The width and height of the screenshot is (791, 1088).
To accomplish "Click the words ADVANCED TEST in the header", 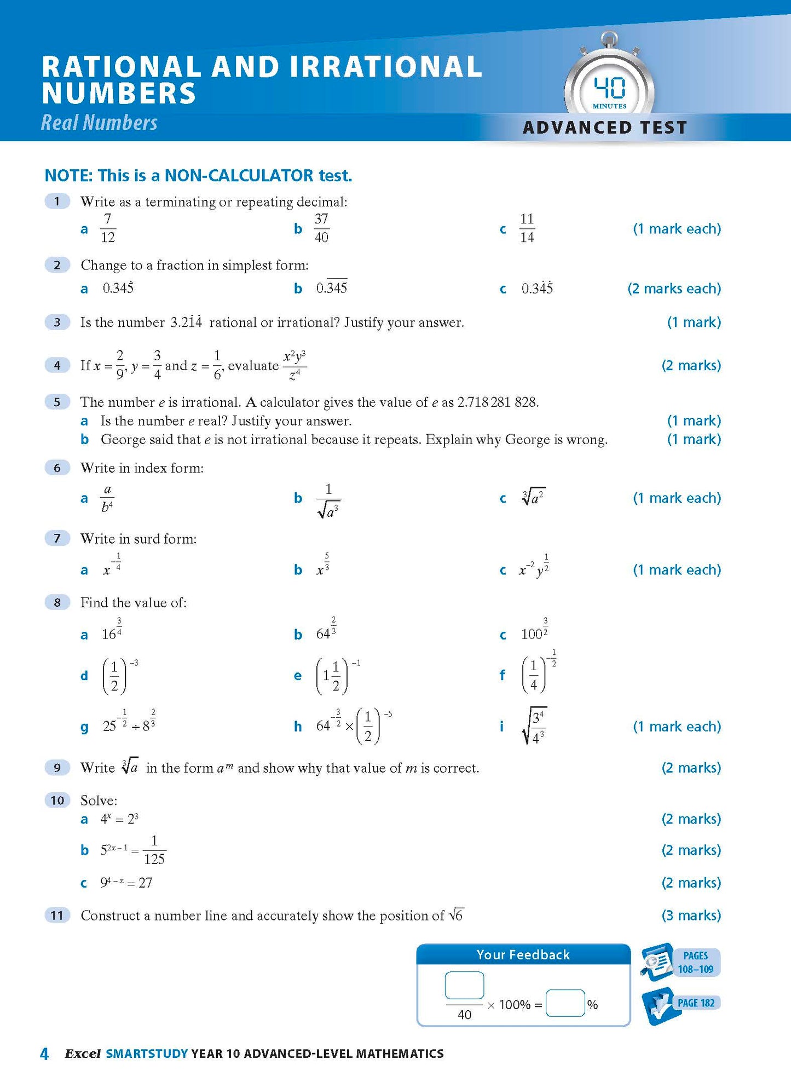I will click(605, 128).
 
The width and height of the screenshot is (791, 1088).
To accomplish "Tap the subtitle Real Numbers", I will click(99, 123).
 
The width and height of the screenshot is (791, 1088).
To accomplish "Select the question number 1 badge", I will click(57, 202).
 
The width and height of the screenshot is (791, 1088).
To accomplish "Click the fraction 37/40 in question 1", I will click(321, 228).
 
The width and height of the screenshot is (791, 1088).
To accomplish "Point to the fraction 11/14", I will click(527, 228).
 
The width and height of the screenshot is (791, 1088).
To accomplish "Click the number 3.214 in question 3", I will click(186, 322).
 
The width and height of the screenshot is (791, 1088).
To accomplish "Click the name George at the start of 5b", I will click(120, 440).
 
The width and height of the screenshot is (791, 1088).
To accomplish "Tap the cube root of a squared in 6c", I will click(533, 497).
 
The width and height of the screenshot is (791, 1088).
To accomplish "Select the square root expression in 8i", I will click(534, 726).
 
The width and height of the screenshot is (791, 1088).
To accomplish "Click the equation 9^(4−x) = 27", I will click(126, 883).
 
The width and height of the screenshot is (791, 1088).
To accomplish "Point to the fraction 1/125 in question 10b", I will click(154, 850).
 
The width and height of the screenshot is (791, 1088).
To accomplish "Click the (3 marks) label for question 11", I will click(691, 916).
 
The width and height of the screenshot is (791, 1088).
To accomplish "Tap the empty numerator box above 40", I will click(464, 986).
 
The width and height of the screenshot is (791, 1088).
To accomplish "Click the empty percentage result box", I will click(565, 1003).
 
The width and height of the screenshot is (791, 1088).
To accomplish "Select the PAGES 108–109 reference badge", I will click(695, 962).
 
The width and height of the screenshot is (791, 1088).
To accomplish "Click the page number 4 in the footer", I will click(44, 1054).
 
